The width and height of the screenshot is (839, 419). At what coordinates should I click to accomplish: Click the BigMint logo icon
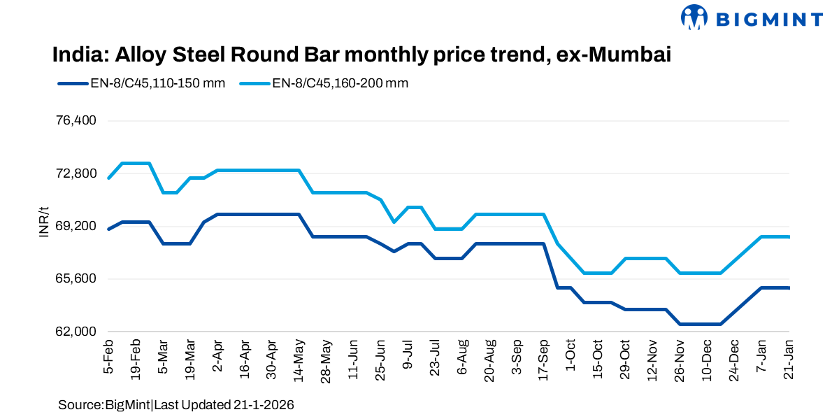pos(694,18)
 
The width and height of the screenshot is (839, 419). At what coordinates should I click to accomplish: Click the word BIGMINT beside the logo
pos(766,18)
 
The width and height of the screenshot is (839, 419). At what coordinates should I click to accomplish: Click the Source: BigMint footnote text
pos(175,405)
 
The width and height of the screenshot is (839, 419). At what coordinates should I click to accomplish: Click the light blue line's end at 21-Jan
pos(789,237)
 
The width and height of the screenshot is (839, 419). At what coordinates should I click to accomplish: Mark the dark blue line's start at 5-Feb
pos(109,229)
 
